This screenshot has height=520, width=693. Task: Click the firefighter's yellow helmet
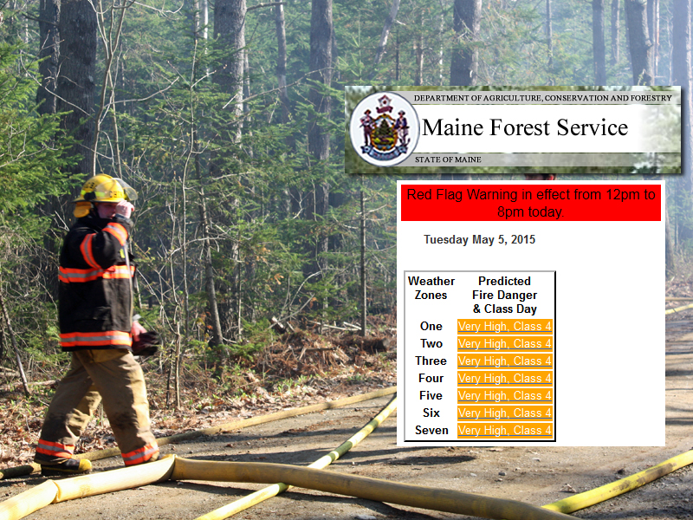102,189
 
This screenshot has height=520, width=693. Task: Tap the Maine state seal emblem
384,128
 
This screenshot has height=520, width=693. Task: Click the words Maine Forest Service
525,127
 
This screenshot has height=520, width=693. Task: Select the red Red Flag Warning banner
531,203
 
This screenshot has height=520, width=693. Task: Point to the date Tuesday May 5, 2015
480,240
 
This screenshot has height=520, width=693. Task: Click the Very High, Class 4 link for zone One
505,327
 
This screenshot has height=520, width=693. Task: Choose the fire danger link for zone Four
505,379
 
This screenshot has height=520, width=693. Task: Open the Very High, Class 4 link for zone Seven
505,430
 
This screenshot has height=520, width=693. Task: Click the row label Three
431,361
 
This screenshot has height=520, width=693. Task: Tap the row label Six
431,413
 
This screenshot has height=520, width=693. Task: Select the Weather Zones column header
431,288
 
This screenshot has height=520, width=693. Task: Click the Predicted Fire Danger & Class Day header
504,295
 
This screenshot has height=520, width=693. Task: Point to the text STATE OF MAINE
448,159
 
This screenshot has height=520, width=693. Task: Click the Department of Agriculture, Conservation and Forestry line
543,98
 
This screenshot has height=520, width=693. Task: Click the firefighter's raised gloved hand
125,209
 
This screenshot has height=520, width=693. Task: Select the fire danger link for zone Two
505,344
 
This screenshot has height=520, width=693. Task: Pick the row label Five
431,396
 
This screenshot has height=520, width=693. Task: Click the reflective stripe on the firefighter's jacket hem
95,339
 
